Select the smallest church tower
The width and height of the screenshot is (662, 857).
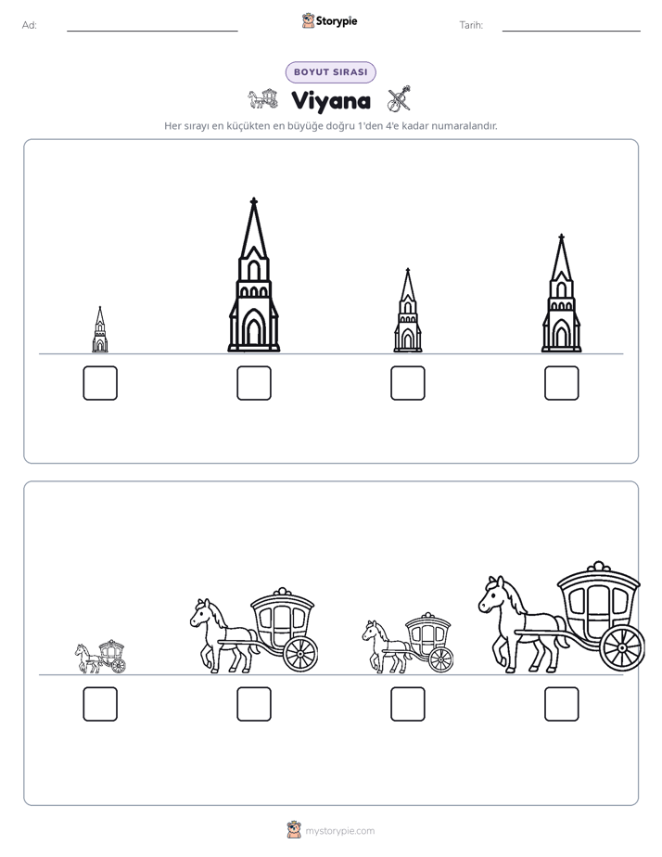coord(100,329)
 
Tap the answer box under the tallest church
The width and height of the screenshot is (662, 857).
coord(254,382)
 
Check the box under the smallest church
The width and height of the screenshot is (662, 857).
coord(100,382)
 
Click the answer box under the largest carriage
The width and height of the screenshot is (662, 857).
coord(562,704)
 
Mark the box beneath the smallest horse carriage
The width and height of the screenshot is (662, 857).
coord(100,704)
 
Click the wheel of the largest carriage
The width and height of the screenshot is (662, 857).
coord(622,647)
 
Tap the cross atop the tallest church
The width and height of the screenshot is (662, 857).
coord(253,201)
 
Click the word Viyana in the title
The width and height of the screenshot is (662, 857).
coord(331,101)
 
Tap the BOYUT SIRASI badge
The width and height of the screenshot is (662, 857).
coord(330,72)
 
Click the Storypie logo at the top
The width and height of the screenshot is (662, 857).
coord(329,21)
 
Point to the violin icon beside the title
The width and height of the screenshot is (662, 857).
coord(399,99)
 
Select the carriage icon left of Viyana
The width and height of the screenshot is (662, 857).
coord(262,98)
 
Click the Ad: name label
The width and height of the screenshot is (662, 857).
coord(30,25)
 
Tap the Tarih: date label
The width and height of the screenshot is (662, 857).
coord(471,25)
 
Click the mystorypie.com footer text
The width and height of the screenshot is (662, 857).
coord(339,831)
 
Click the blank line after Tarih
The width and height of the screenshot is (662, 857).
coord(571,32)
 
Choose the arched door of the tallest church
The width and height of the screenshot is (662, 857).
coord(253,328)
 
